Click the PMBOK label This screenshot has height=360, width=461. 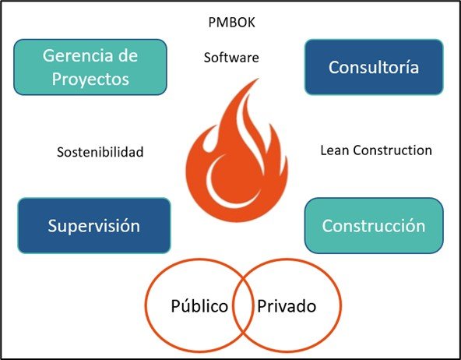click(232, 23)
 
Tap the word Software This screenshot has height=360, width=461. click(231, 58)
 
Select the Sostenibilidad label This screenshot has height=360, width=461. click(100, 152)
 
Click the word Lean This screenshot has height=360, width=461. click(335, 150)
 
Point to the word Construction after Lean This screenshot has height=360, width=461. click(392, 150)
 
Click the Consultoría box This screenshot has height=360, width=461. click(374, 67)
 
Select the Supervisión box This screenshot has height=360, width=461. click(94, 226)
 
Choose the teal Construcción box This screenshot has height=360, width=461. click(374, 226)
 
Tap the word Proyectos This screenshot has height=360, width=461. click(90, 79)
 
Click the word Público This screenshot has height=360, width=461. click(199, 306)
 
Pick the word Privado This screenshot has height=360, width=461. click(287, 306)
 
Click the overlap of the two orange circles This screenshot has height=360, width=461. click(243, 305)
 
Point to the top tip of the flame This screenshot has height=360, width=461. click(258, 79)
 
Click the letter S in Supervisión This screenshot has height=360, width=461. click(52, 226)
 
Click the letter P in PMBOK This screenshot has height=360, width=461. click(212, 23)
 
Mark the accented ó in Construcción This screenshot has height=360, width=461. click(410, 225)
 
